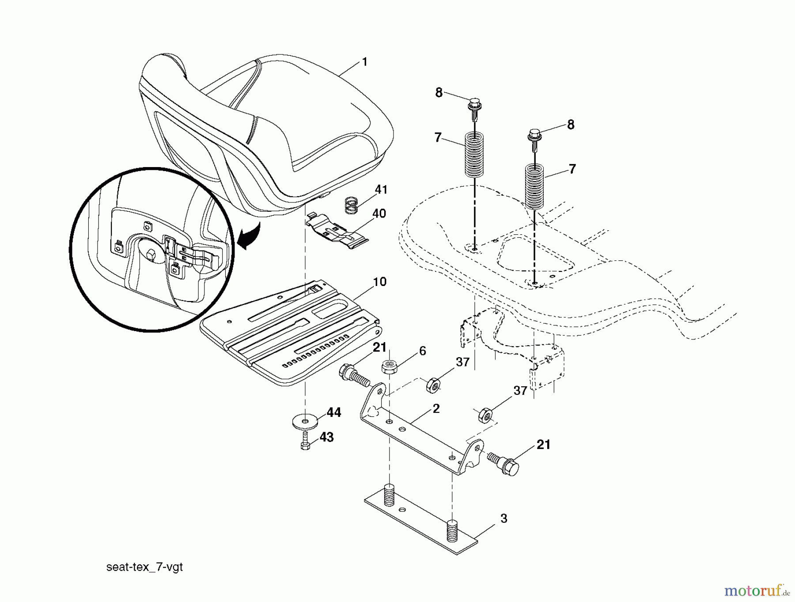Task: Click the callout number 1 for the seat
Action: point(364,62)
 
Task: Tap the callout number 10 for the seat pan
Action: point(379,282)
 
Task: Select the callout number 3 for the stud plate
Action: point(504,518)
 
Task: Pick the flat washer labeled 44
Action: point(304,419)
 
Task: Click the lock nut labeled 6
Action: point(388,367)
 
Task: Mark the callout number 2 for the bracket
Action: point(436,408)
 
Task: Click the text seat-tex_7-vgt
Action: point(144,567)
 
